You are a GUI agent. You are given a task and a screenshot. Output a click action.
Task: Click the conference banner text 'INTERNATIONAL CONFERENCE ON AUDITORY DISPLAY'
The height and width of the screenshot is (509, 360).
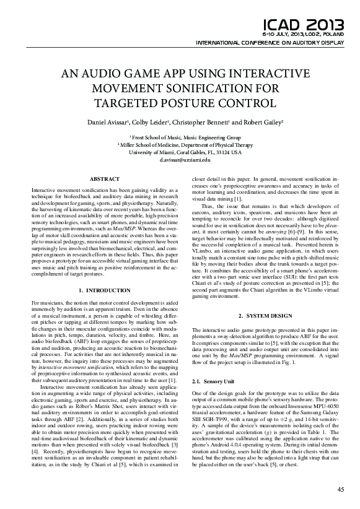[x=270, y=43]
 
